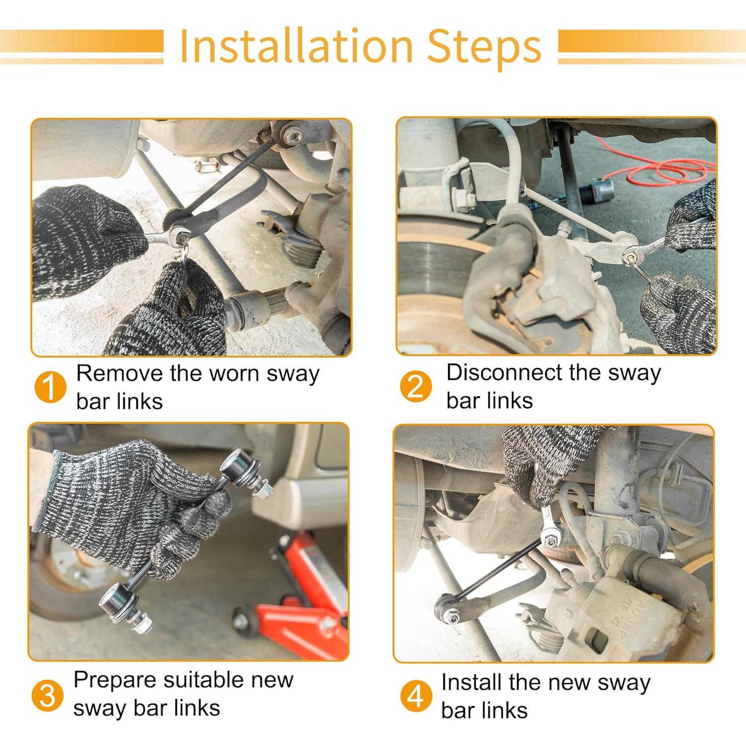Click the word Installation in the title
pyautogui.click(x=296, y=46)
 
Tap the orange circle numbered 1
pyautogui.click(x=50, y=387)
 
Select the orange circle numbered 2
pyautogui.click(x=416, y=386)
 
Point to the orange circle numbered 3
pyautogui.click(x=47, y=695)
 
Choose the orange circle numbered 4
pyautogui.click(x=416, y=696)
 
